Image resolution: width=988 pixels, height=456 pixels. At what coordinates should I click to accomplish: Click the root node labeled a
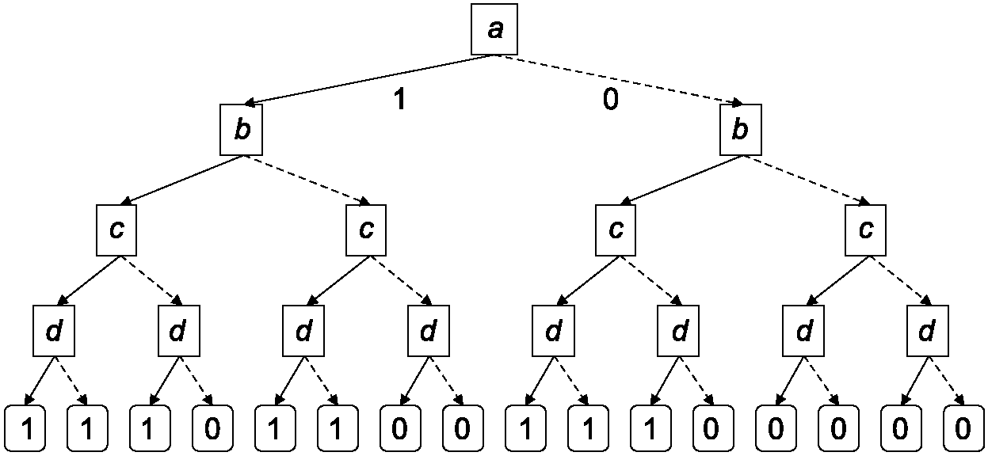[x=494, y=29]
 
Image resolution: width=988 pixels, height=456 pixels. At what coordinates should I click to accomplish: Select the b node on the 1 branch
[x=242, y=130]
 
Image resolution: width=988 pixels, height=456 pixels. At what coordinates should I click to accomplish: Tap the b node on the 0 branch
[x=741, y=130]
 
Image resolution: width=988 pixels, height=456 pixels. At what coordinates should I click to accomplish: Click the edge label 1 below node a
[x=399, y=99]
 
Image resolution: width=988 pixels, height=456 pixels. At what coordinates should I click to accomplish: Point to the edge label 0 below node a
[x=610, y=99]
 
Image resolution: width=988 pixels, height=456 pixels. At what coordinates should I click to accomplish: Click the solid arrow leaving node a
[x=368, y=80]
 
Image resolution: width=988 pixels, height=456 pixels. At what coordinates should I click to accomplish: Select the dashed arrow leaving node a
[x=618, y=80]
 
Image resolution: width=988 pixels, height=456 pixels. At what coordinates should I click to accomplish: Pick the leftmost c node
[x=116, y=230]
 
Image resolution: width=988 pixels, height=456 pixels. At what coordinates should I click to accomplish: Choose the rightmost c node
[x=865, y=230]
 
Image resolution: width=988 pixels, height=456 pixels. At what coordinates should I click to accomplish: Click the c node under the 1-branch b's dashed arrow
[x=366, y=230]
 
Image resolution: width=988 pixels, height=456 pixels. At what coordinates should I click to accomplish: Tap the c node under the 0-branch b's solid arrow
[x=616, y=230]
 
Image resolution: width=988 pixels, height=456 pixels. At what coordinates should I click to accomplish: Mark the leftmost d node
[x=54, y=330]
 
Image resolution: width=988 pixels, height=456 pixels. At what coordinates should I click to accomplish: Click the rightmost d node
[x=928, y=330]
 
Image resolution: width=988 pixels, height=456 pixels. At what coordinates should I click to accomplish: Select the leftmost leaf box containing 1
[x=25, y=428]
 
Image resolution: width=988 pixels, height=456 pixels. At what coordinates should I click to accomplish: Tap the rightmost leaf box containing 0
[x=963, y=428]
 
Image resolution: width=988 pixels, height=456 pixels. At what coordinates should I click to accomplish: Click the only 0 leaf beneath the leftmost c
[x=212, y=428]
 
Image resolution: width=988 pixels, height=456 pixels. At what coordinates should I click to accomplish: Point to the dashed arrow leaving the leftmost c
[x=151, y=280]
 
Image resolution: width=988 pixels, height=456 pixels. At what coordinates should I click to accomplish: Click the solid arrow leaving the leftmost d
[x=40, y=381]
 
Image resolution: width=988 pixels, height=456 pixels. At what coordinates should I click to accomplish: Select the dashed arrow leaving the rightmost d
[x=947, y=381]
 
